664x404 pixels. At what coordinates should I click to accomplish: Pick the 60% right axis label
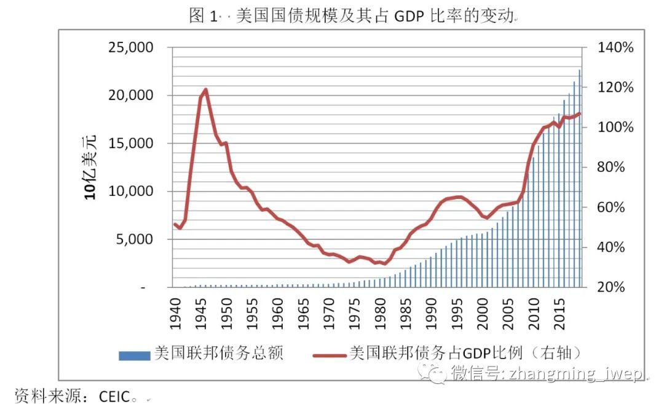613,208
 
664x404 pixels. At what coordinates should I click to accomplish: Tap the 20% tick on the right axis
613,287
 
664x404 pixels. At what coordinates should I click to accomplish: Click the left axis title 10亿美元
90,167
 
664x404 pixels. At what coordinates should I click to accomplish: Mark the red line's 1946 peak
205,90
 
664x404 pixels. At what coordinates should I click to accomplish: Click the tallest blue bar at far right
579,178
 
